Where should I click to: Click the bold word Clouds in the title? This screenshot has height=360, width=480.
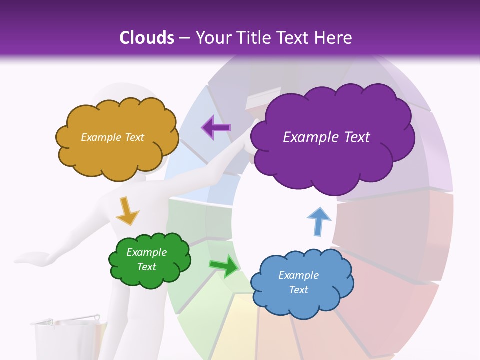coord(146,38)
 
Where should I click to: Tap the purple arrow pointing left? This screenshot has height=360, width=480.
coord(216,128)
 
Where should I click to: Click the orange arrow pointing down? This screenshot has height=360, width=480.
coord(127,211)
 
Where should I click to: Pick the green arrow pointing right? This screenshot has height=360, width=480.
coord(224,266)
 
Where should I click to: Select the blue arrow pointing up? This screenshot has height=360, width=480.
coord(318,221)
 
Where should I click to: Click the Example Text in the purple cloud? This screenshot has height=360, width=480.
coord(326,137)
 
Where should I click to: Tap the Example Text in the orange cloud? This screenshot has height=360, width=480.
coord(112,137)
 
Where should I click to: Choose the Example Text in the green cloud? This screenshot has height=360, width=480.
coord(146,260)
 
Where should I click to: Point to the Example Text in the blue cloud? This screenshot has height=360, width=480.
coord(298,282)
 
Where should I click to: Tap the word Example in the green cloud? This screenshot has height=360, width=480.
coord(146,252)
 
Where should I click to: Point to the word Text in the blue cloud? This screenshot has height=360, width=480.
coord(298,290)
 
